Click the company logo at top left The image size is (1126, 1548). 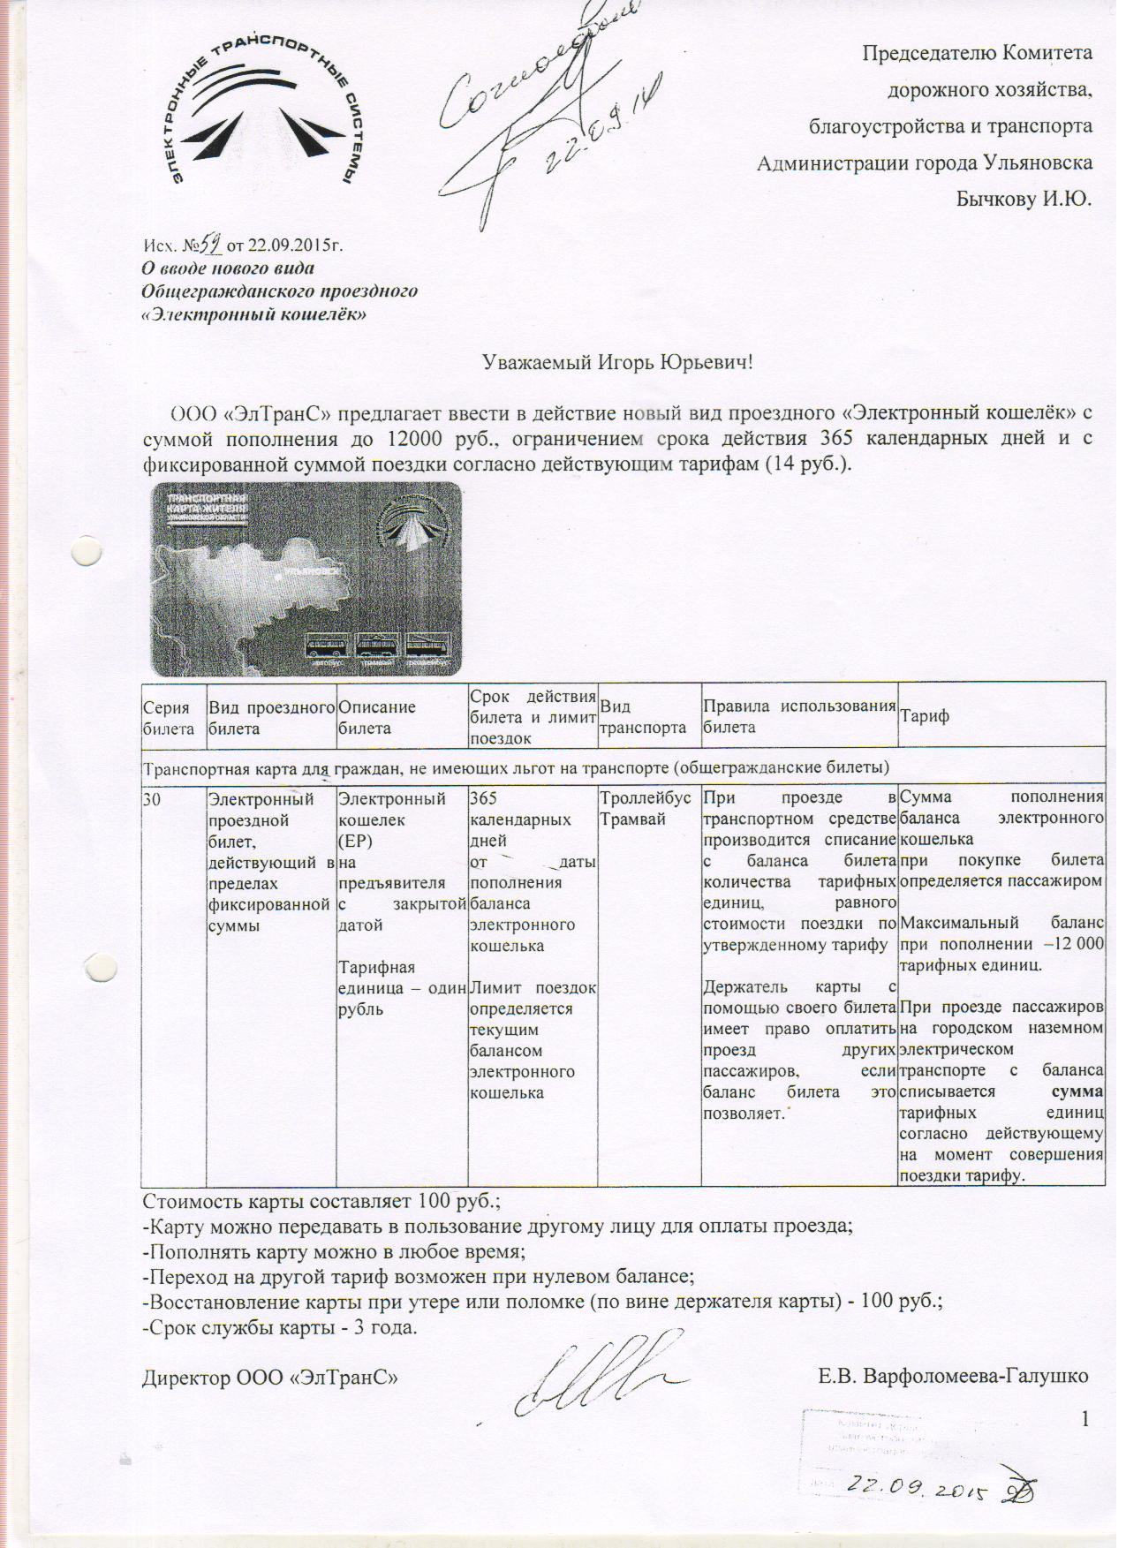tap(264, 119)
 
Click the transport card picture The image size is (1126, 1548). tap(306, 578)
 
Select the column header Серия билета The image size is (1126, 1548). tap(168, 717)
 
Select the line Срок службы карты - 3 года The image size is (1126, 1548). tap(279, 1327)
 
